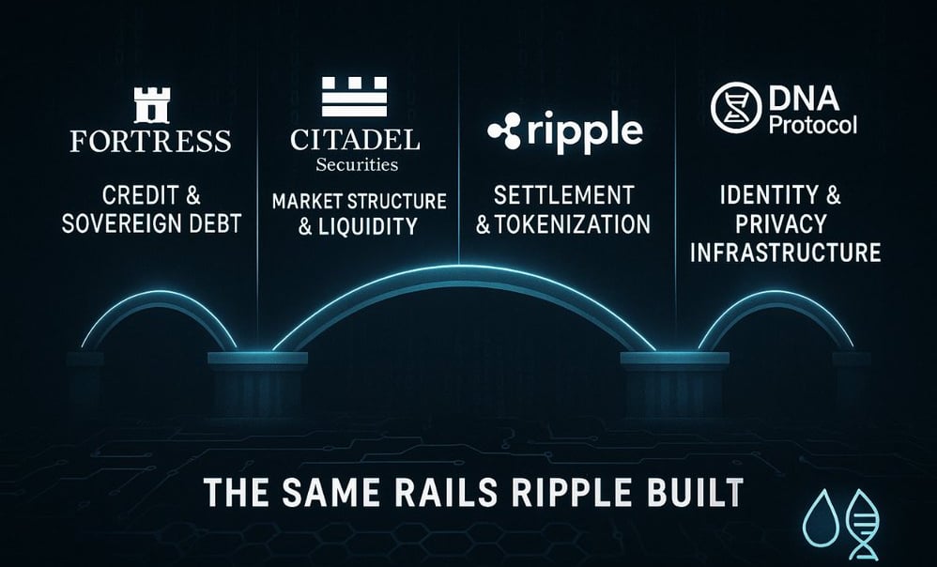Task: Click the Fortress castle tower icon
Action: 151,104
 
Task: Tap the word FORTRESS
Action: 151,141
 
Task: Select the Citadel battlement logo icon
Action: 354,97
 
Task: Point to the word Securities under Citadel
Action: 355,164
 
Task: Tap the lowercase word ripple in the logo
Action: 585,130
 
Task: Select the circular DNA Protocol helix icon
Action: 736,106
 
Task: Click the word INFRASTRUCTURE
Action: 784,253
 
